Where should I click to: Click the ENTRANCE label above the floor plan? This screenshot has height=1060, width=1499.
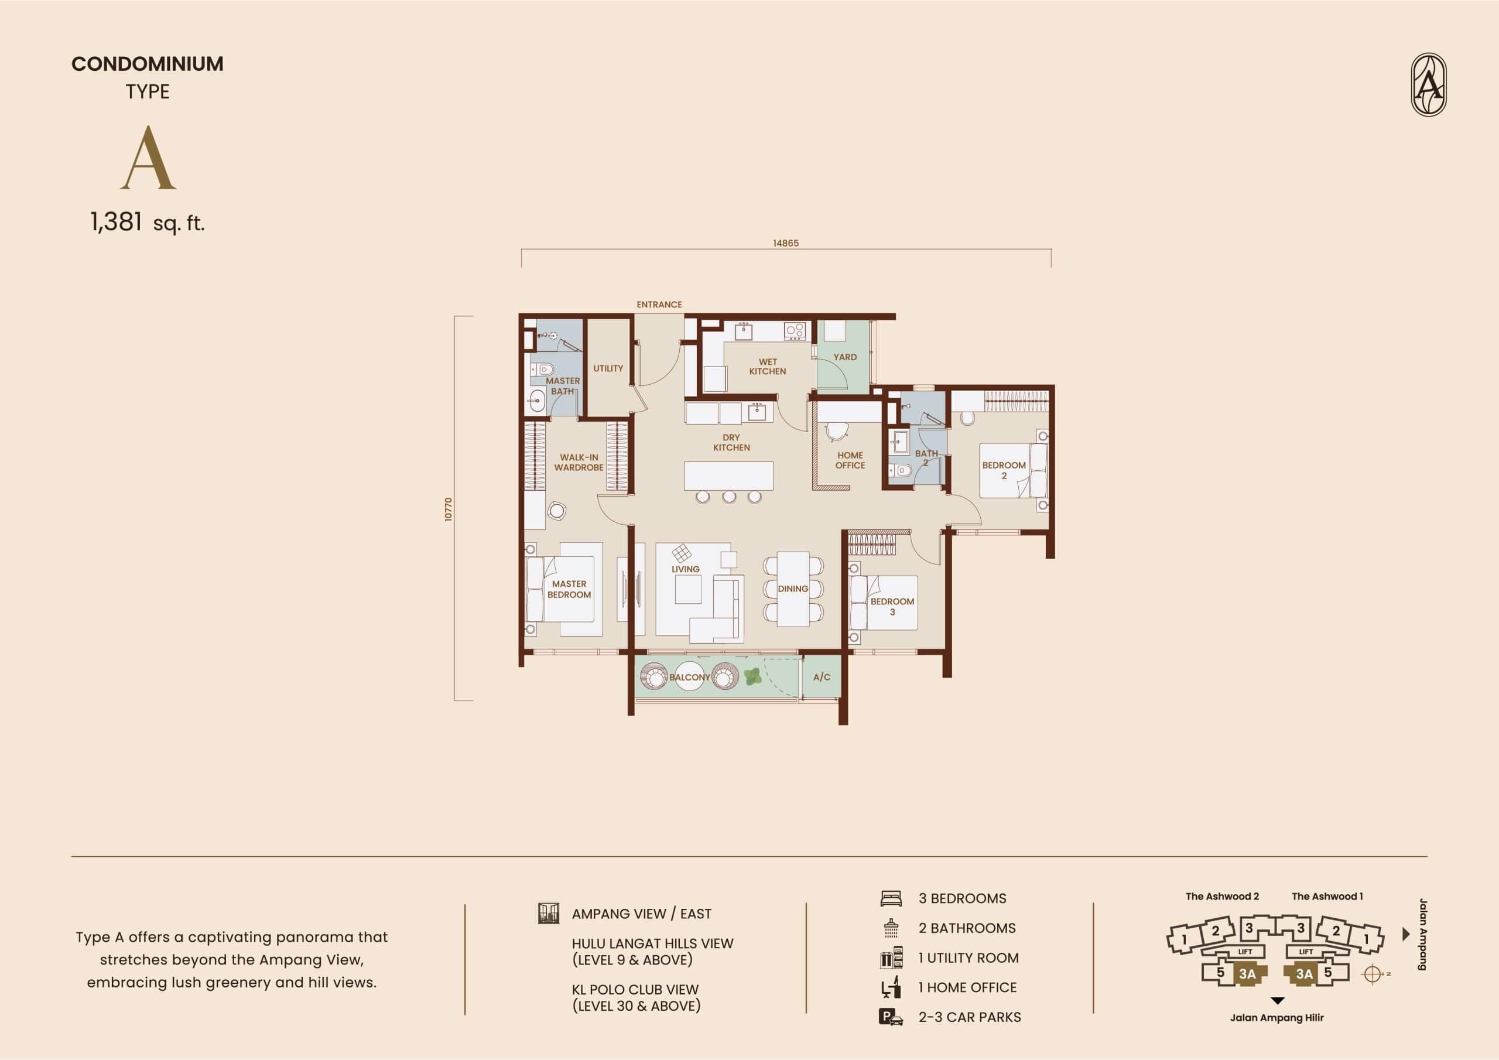pos(659,305)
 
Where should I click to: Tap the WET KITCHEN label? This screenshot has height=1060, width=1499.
pos(767,367)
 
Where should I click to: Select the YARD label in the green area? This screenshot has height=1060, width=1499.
pos(845,357)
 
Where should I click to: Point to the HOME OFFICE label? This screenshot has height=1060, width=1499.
pos(850,460)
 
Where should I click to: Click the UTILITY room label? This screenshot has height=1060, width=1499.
pos(608,368)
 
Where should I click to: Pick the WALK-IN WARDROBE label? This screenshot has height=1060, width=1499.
pos(579,463)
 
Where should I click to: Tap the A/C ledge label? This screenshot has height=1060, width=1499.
pos(822,677)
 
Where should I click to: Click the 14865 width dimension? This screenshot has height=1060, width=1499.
pos(785,243)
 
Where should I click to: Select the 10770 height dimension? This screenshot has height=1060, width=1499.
pos(448,509)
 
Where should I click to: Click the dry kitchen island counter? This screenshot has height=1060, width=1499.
pos(728,476)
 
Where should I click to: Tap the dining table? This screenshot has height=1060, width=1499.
pos(793,589)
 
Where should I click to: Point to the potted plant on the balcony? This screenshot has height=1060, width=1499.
pos(753,676)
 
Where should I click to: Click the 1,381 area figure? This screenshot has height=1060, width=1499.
pos(116,222)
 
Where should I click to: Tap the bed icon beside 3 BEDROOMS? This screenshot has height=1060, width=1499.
pos(891,899)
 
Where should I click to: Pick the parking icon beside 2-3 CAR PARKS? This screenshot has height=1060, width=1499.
pos(891,1017)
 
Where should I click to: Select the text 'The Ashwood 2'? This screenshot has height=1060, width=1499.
pos(1222,896)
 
